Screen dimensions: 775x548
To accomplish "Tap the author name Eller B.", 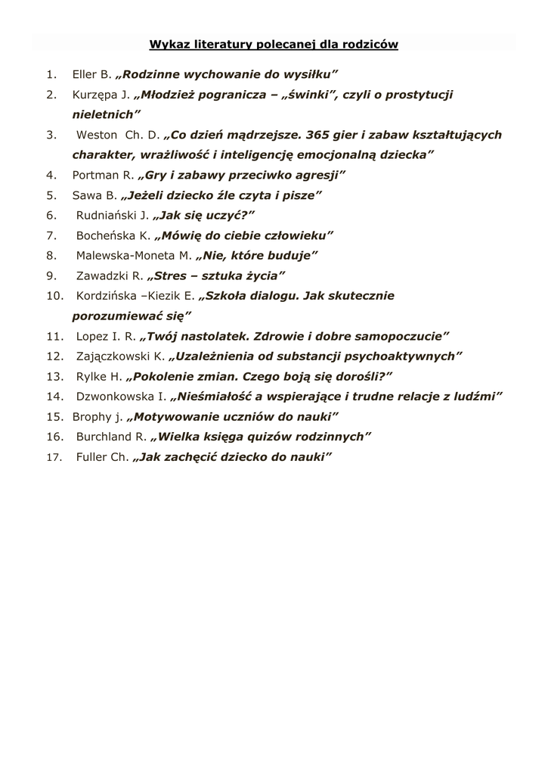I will (x=91, y=74).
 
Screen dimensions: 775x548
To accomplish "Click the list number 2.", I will (x=51, y=94).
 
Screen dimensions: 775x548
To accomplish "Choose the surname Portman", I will (x=96, y=175).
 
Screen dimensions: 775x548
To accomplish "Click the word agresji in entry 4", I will (x=321, y=175).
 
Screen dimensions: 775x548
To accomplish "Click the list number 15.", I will (x=54, y=416).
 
